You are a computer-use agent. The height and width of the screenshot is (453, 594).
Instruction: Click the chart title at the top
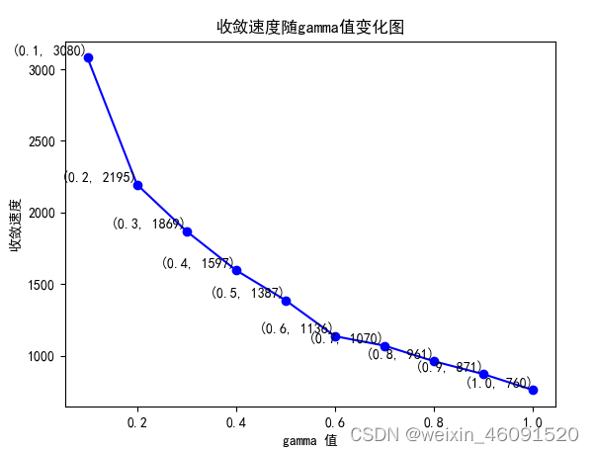click(x=310, y=27)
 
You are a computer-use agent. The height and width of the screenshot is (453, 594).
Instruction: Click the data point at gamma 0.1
click(x=89, y=57)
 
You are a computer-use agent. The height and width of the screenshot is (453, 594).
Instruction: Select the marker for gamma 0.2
click(x=138, y=185)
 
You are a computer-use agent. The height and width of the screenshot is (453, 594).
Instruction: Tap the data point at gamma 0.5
click(x=286, y=301)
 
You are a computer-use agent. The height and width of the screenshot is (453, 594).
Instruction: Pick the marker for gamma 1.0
click(x=533, y=390)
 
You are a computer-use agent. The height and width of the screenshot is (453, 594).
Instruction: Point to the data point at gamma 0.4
click(x=236, y=270)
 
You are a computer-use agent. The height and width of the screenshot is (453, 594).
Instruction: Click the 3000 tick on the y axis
click(x=42, y=70)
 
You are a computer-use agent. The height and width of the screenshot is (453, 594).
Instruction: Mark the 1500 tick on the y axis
click(x=42, y=285)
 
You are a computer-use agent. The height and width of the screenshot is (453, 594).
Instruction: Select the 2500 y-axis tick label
click(x=42, y=141)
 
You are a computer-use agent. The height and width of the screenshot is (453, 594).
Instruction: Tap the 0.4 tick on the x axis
click(x=236, y=422)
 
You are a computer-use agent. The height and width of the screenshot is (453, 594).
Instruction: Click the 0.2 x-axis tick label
click(x=138, y=422)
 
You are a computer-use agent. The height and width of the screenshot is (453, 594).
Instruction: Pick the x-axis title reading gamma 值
click(x=310, y=440)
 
